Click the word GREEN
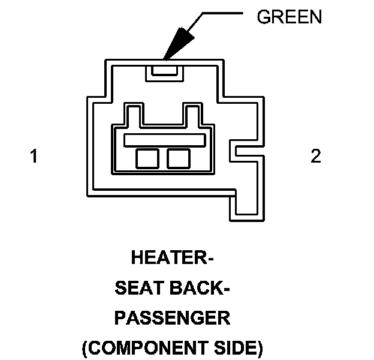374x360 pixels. tap(289, 17)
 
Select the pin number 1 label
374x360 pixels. tap(34, 157)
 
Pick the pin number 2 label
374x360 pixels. tap(315, 157)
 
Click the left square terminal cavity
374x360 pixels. tap(146, 158)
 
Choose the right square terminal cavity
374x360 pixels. tap(178, 158)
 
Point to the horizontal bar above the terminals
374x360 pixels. tap(163, 140)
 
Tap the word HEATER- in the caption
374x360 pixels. tap(172, 259)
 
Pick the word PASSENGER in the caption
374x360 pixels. tap(172, 318)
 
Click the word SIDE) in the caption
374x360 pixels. tap(240, 347)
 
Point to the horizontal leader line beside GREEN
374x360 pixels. tap(225, 13)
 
